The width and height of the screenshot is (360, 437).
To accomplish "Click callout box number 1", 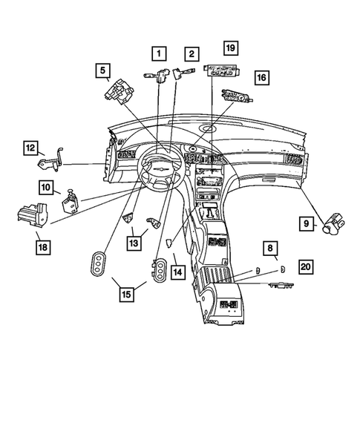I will [x=158, y=53].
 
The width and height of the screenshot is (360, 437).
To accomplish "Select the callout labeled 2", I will [x=192, y=53].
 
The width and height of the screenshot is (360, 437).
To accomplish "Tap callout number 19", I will [x=230, y=49].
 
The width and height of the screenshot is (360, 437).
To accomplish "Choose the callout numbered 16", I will [x=261, y=77].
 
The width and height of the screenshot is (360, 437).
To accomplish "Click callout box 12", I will [x=30, y=148].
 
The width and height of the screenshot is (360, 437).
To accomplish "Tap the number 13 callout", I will [x=134, y=241].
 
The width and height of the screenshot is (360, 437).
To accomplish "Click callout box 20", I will [x=306, y=266].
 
